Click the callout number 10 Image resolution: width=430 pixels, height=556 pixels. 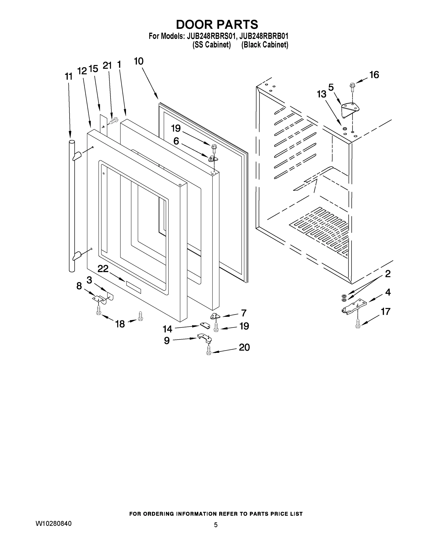tap(139, 61)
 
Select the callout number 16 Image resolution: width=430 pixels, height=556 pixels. tap(374, 75)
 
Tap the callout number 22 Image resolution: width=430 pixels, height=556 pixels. tap(103, 269)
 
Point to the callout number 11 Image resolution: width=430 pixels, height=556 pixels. tap(69, 76)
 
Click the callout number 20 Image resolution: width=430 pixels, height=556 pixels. tap(244, 347)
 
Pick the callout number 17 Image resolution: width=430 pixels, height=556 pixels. tap(385, 311)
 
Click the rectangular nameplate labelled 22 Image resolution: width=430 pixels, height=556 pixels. tap(133, 287)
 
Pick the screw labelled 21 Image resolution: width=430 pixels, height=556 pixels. tap(114, 121)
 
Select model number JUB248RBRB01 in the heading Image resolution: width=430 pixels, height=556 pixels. tap(264, 36)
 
